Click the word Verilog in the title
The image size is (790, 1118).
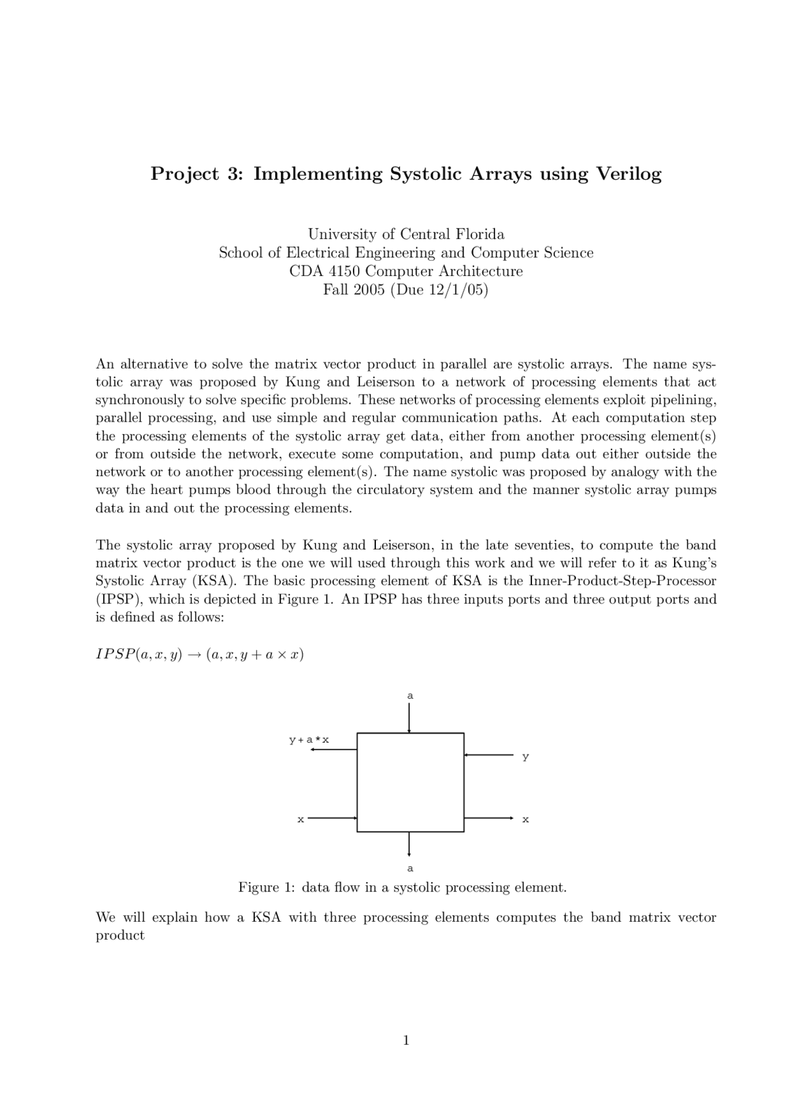click(x=628, y=175)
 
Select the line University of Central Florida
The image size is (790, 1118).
click(x=406, y=235)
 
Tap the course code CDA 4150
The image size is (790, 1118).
click(x=325, y=272)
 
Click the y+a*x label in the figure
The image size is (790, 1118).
click(x=309, y=740)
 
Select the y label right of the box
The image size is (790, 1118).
click(x=525, y=757)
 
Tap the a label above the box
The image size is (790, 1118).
click(x=410, y=696)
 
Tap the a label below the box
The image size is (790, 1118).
click(x=410, y=869)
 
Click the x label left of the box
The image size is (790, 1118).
click(x=301, y=820)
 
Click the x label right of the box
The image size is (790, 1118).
click(x=525, y=820)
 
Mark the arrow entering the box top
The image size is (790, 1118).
click(x=409, y=717)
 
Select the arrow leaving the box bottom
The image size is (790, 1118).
click(x=409, y=844)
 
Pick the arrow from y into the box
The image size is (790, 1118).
click(x=488, y=754)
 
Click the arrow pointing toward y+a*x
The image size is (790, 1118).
click(x=333, y=749)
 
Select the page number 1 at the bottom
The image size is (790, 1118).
click(x=406, y=1041)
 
